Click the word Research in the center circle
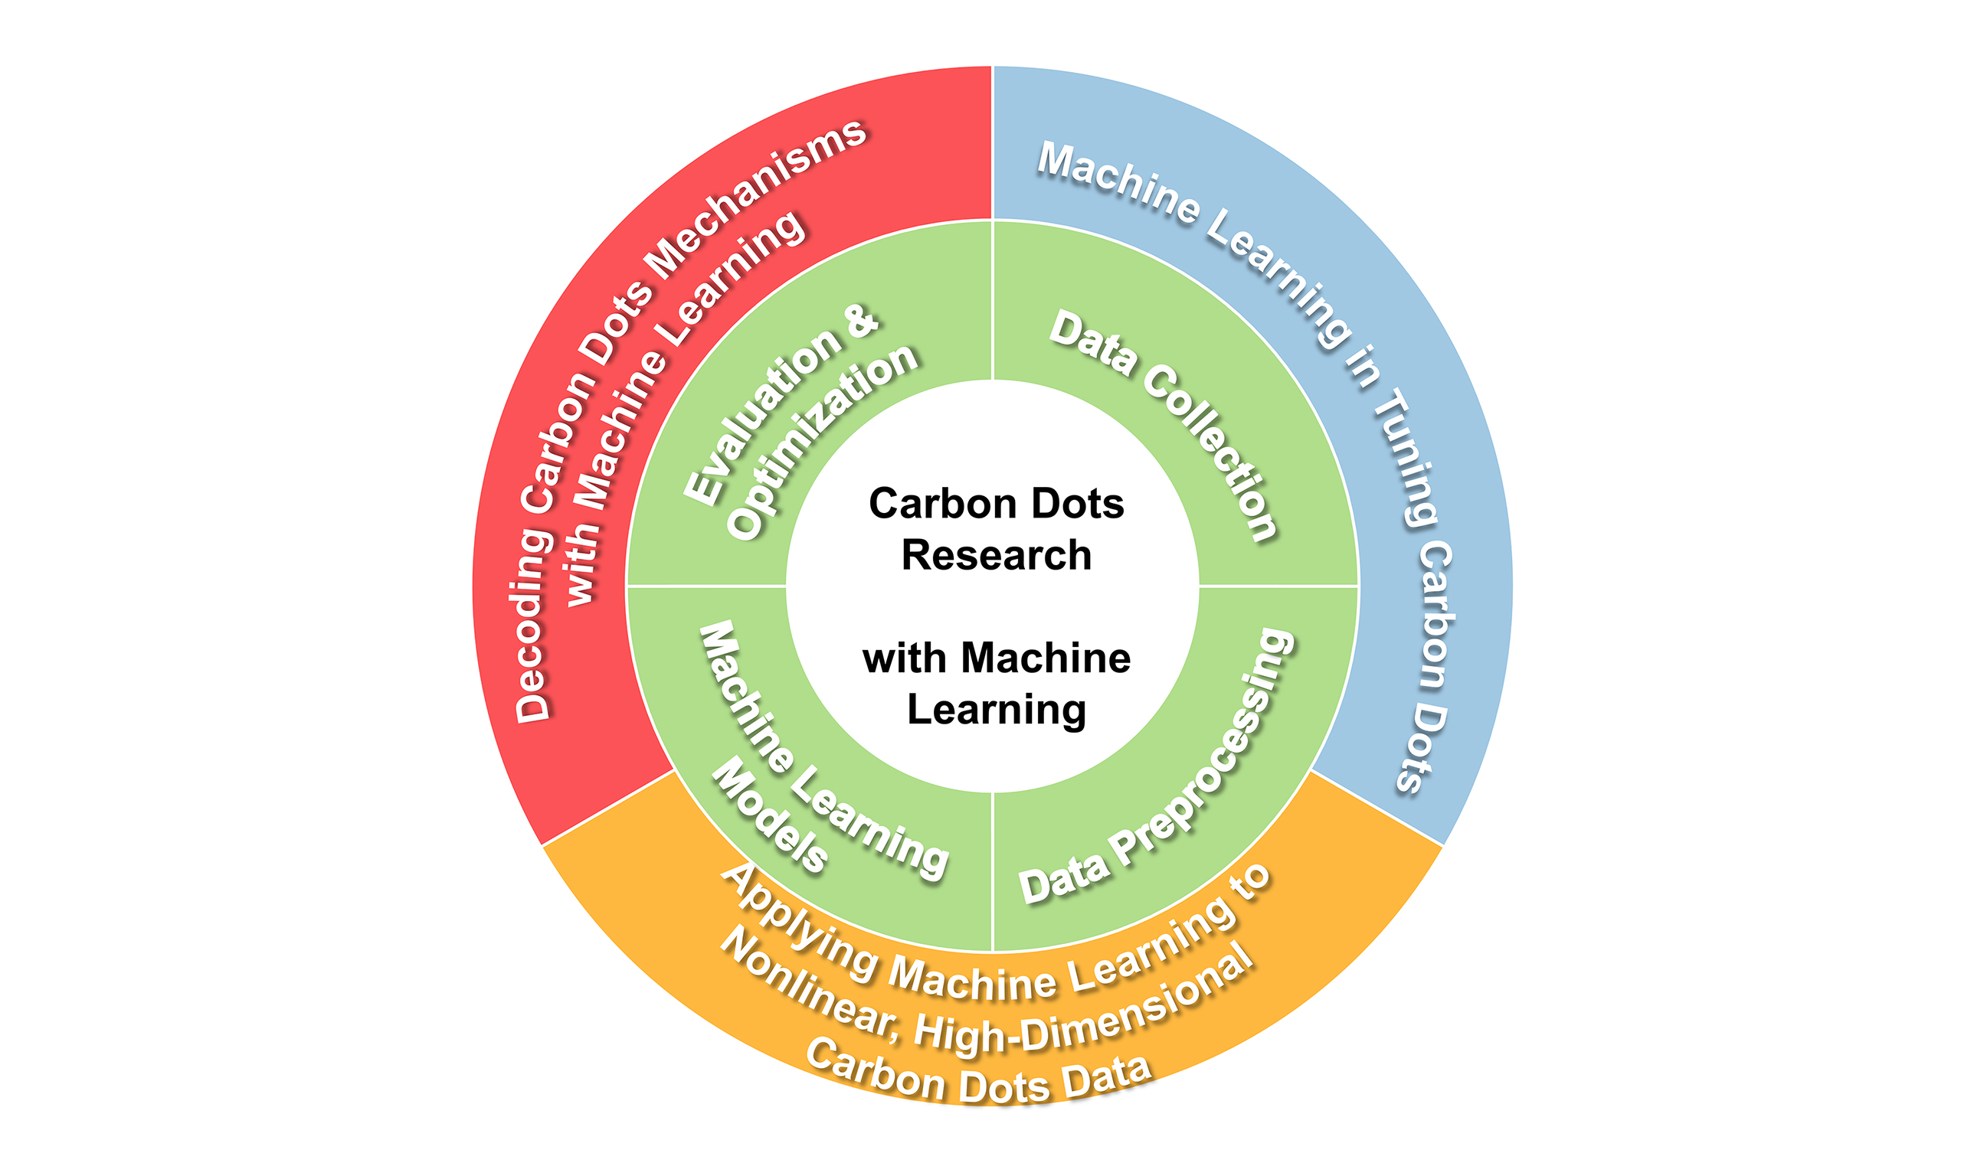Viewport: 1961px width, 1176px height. click(x=997, y=555)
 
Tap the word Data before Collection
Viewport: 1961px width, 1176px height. click(x=1093, y=341)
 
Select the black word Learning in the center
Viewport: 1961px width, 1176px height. click(x=997, y=709)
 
